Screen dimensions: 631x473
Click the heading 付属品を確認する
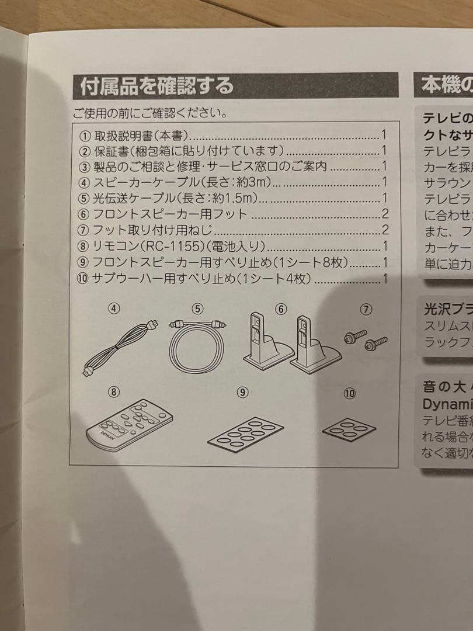coord(156,86)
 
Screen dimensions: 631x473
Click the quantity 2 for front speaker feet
coord(385,214)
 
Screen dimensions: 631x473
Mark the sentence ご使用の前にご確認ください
coord(149,111)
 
